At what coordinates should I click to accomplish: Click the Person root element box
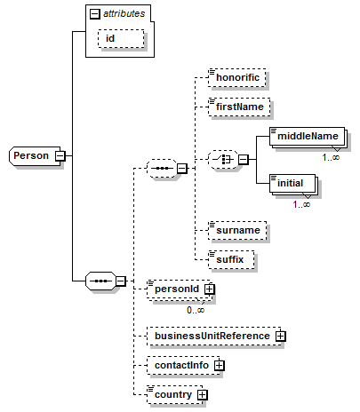click(35, 155)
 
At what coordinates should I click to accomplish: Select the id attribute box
click(121, 38)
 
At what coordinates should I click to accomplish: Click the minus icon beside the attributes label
click(95, 13)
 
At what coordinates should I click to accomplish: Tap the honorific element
click(236, 77)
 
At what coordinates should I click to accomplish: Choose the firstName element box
click(239, 107)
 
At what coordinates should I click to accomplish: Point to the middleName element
click(308, 136)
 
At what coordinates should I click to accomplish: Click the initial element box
click(292, 183)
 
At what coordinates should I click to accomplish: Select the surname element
click(237, 230)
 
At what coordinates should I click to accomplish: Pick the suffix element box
click(231, 259)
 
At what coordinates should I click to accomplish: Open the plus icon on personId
click(209, 289)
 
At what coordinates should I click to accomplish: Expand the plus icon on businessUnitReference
click(280, 336)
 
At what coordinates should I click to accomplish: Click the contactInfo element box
click(183, 365)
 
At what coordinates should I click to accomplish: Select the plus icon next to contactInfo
click(219, 366)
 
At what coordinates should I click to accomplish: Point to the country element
click(175, 394)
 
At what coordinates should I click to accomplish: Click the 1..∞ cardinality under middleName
click(331, 157)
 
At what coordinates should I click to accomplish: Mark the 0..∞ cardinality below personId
click(196, 310)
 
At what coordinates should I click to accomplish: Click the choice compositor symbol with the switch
click(223, 160)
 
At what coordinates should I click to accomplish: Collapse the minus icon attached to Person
click(60, 155)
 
